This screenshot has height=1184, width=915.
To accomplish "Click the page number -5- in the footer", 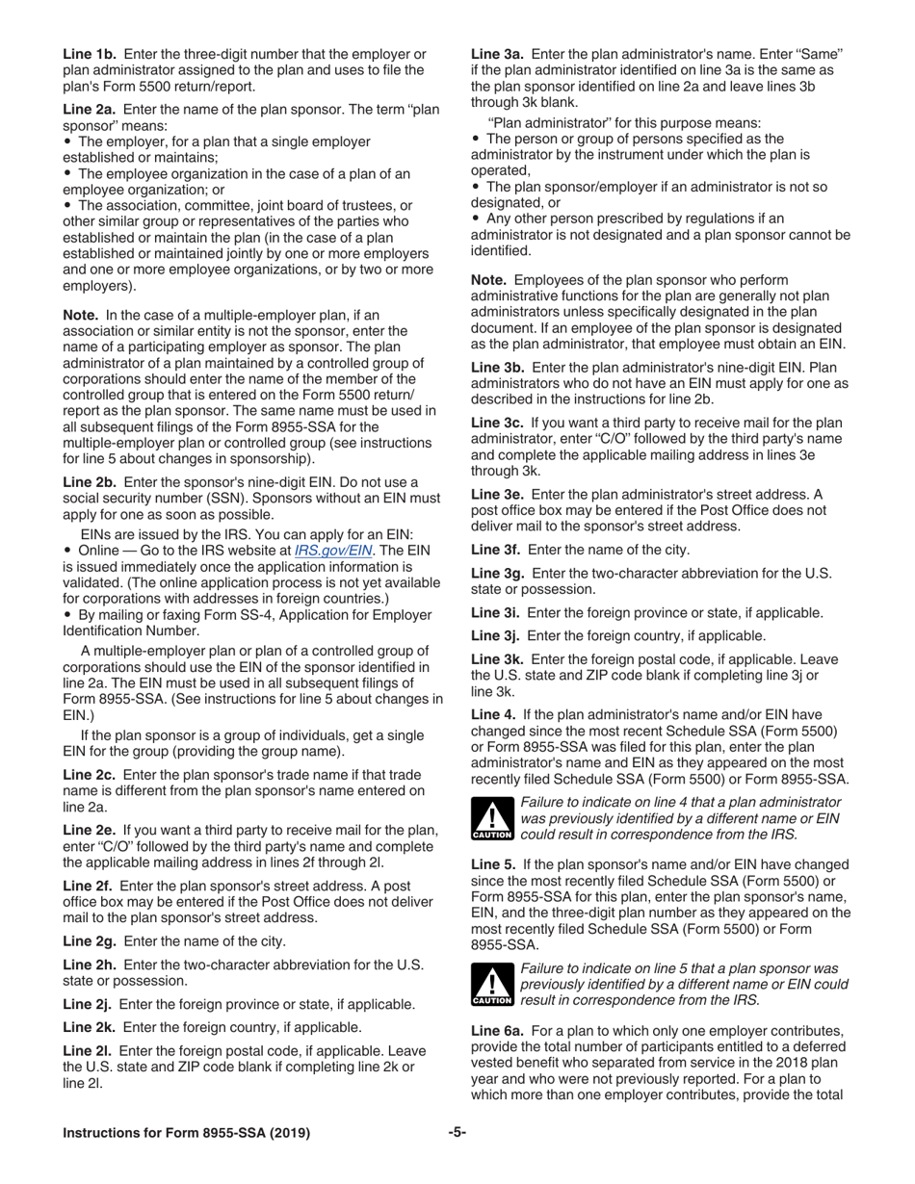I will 457,1133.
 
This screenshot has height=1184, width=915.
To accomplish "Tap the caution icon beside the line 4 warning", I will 492,819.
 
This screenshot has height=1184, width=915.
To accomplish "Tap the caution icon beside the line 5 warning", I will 492,985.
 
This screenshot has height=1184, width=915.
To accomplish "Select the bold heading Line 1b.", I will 90,54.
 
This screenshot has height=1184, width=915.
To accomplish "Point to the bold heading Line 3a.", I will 497,54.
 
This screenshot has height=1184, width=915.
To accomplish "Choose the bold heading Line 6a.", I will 497,1029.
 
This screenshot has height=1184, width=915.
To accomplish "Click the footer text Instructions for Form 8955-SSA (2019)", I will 186,1133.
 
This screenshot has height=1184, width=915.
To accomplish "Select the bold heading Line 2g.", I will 90,941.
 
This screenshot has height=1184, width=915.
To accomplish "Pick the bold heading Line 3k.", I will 497,659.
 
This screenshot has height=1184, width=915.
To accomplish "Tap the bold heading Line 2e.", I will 90,830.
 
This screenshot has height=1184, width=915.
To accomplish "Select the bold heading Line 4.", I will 492,714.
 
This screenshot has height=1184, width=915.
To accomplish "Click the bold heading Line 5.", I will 492,864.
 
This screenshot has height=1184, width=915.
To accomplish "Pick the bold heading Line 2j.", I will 89,1004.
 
